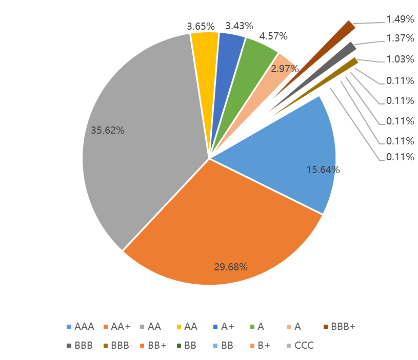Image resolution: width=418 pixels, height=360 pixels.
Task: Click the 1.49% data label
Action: point(400,19)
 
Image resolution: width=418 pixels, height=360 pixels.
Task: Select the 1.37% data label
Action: point(400,39)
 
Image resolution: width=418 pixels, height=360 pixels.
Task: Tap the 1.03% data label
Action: point(400,59)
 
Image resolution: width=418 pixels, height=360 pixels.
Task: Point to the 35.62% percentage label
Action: point(108,130)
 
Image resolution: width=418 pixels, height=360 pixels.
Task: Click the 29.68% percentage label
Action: point(230,267)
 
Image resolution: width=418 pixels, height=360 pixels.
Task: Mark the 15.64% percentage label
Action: point(323,170)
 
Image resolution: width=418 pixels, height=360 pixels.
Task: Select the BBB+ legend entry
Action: point(339,326)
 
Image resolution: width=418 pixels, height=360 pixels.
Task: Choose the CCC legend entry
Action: point(300,345)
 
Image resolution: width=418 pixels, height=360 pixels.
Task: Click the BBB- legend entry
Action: point(118,345)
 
